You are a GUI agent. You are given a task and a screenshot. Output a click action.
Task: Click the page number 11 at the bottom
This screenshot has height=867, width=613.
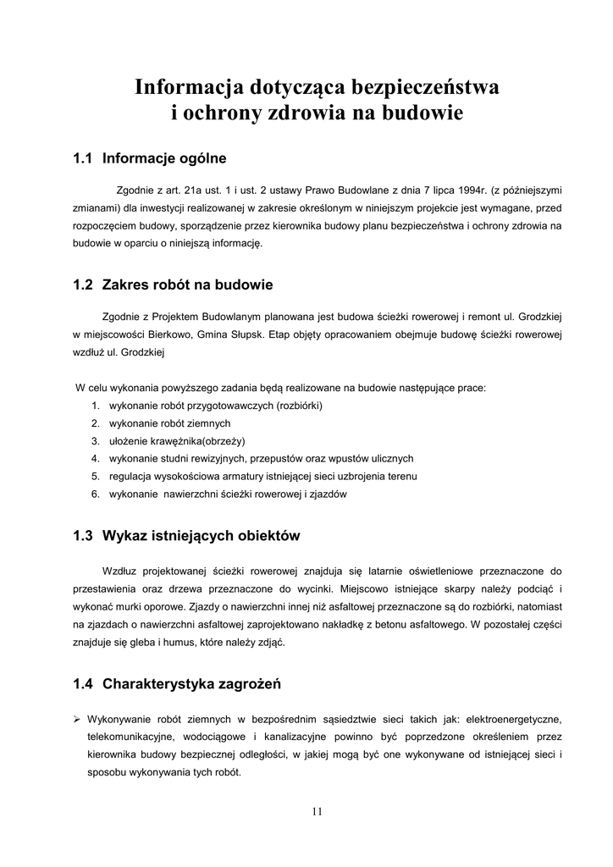coord(317,811)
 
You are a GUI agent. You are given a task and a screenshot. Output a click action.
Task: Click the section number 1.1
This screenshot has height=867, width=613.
coord(82,157)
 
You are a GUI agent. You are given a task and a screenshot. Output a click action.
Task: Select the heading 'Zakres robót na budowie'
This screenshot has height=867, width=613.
coord(187,284)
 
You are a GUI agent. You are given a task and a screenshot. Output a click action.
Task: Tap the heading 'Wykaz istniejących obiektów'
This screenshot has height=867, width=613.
coord(201,536)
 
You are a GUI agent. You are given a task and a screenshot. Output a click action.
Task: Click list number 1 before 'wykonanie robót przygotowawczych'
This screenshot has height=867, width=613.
coord(96,406)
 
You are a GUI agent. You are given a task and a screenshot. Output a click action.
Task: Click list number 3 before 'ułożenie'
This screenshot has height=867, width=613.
coord(96,441)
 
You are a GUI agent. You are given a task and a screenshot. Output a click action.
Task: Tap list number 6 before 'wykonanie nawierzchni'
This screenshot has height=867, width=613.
coord(96,494)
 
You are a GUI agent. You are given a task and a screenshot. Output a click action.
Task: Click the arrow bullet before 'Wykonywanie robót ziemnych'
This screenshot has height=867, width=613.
coord(77,720)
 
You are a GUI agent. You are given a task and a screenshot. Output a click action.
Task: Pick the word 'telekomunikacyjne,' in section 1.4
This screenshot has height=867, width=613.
coord(129,737)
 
